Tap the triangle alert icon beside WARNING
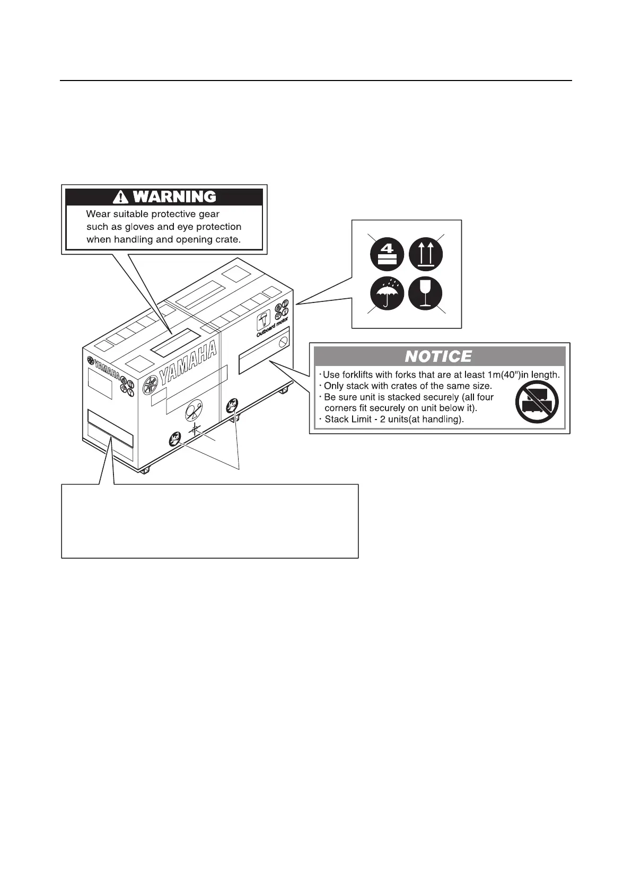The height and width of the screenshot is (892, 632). coord(121,198)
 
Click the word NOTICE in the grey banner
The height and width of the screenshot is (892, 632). coord(438,356)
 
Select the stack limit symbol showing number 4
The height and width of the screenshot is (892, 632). coord(387,255)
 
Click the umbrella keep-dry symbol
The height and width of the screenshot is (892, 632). coord(387,293)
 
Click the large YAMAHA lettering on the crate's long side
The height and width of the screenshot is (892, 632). coord(189,365)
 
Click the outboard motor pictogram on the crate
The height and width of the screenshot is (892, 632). coord(262,322)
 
